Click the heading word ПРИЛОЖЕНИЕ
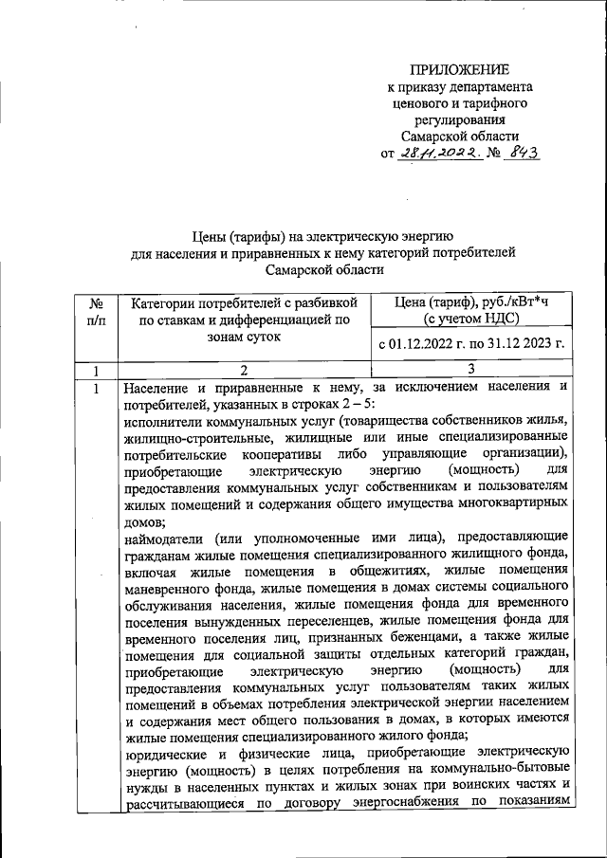coord(459,69)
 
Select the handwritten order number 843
coord(522,154)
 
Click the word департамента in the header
coord(489,86)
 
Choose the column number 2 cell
coord(243,369)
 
